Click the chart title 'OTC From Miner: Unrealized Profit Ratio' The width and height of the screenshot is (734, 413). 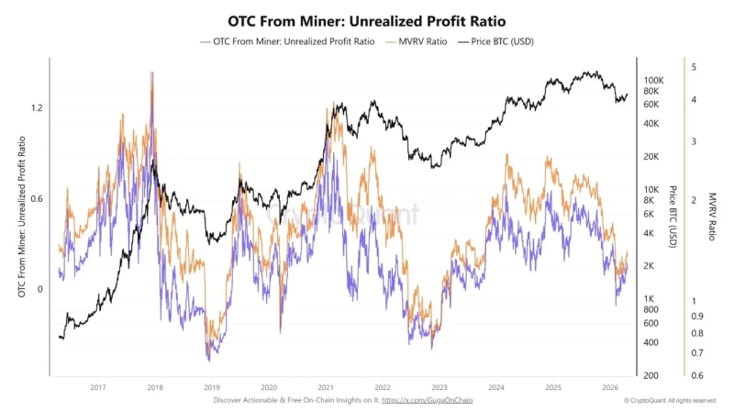coord(366,19)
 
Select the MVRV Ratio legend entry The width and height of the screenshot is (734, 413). coord(425,41)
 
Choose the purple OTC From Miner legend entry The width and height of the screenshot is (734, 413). coord(291,41)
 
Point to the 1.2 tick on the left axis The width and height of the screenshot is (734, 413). coord(38,107)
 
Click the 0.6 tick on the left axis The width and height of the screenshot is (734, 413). coord(38,198)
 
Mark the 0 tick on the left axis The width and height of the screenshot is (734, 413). coord(40,289)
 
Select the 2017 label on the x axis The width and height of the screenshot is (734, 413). coord(98,387)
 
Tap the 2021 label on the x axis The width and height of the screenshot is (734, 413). coord(326,387)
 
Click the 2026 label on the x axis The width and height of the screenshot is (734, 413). coord(610,387)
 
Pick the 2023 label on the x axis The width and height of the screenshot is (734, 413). coord(439,387)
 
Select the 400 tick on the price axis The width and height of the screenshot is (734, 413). coord(651,342)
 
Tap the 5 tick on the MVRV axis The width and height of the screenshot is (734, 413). coord(695,67)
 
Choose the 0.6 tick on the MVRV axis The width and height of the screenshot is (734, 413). coord(697,375)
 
